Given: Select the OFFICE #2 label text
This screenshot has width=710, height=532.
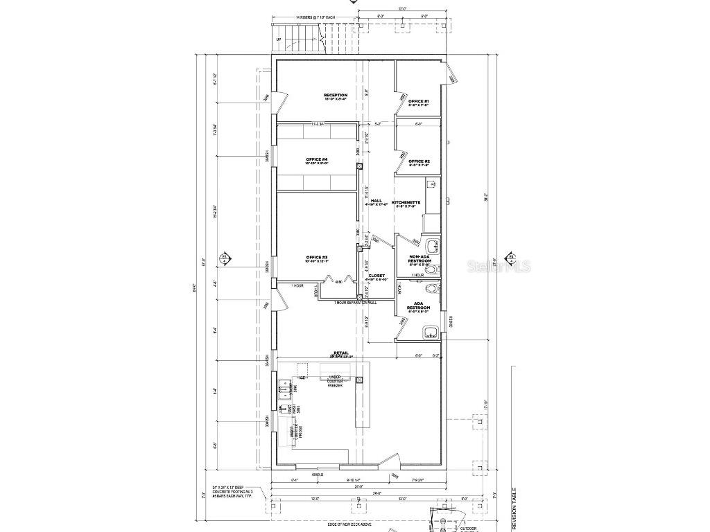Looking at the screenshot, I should coord(419,163).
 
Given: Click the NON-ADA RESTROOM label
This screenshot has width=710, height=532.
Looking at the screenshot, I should coord(419,258).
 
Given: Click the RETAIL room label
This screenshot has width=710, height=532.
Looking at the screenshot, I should coord(341,354).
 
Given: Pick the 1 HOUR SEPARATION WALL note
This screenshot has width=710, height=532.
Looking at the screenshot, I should coord(356,303).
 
